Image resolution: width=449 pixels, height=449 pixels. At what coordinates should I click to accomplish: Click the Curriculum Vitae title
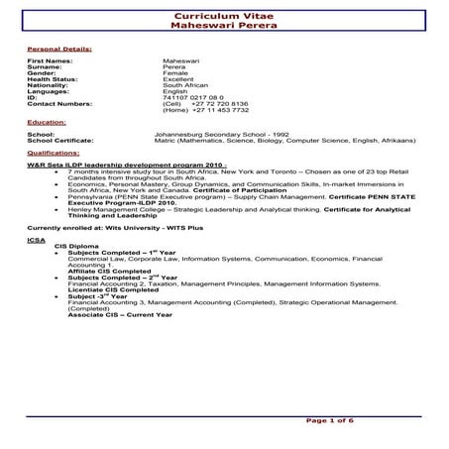(225, 16)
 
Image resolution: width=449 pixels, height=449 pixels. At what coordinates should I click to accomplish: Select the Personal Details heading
(59, 48)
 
